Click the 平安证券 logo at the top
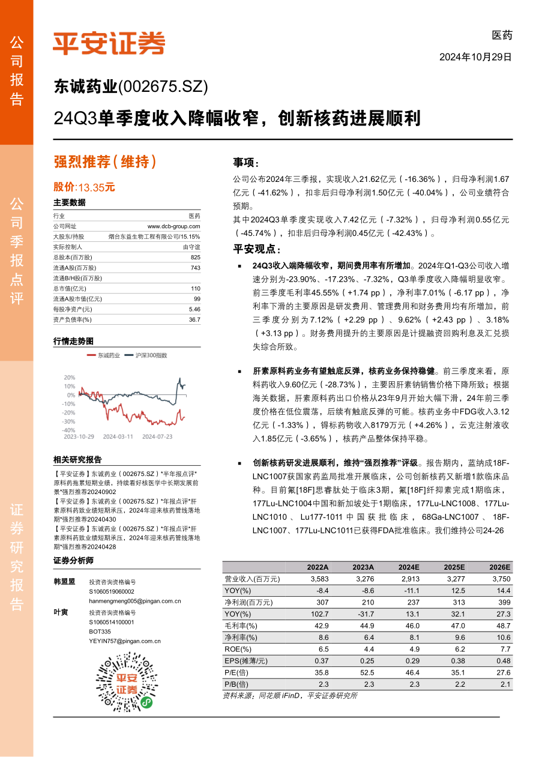click(x=109, y=43)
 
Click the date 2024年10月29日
click(x=475, y=58)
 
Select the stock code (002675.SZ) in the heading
click(x=163, y=88)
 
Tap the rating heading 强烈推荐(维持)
click(x=105, y=161)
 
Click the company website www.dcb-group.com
click(x=173, y=226)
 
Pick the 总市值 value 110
click(x=195, y=289)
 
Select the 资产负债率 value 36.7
click(x=194, y=320)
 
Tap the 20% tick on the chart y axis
click(x=69, y=377)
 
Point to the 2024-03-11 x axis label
click(x=118, y=437)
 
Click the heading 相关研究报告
click(x=77, y=460)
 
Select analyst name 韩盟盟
click(x=64, y=582)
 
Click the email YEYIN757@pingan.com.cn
click(x=125, y=641)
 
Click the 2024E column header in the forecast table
click(x=409, y=567)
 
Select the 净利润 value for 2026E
click(x=500, y=603)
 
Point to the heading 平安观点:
click(x=257, y=249)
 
